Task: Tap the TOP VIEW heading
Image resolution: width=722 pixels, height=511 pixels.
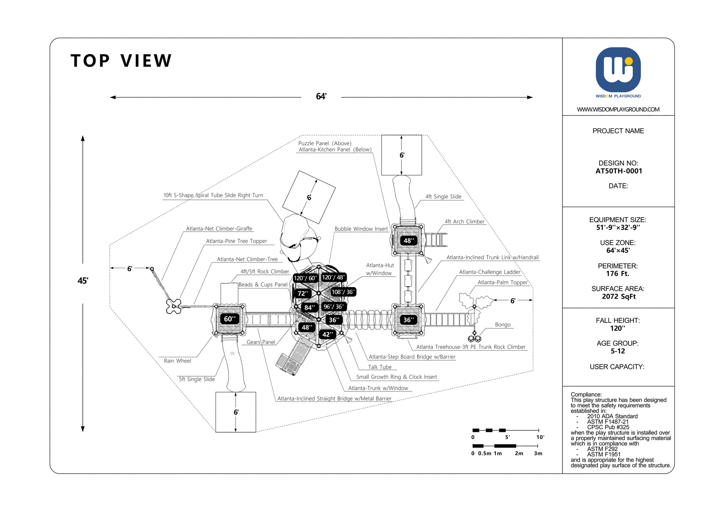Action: pyautogui.click(x=121, y=61)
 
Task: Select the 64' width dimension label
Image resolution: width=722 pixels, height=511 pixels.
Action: pyautogui.click(x=321, y=97)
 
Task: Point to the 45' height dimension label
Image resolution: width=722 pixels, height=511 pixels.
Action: pyautogui.click(x=82, y=281)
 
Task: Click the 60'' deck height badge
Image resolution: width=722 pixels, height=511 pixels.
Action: pyautogui.click(x=230, y=319)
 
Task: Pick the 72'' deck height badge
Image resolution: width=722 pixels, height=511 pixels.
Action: pyautogui.click(x=303, y=293)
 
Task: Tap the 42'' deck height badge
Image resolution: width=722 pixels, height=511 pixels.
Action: pyautogui.click(x=327, y=335)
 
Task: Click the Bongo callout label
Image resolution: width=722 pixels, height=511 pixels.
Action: pyautogui.click(x=503, y=325)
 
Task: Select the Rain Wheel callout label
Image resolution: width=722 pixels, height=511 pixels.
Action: pyautogui.click(x=177, y=361)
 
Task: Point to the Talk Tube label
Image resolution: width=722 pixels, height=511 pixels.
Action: pyautogui.click(x=380, y=367)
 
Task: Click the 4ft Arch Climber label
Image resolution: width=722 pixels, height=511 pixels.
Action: pyautogui.click(x=465, y=222)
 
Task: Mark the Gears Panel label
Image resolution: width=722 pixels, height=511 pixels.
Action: pyautogui.click(x=261, y=342)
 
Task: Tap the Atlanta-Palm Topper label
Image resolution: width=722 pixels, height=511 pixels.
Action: pyautogui.click(x=502, y=282)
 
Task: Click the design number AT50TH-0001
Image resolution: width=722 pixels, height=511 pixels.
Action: pyautogui.click(x=618, y=171)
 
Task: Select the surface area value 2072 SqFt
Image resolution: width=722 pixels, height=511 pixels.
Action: pyautogui.click(x=618, y=296)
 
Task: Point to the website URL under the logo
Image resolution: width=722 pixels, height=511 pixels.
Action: pyautogui.click(x=618, y=110)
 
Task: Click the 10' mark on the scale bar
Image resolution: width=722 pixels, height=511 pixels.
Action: pyautogui.click(x=540, y=437)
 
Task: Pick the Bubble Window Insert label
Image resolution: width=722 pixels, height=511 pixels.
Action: pyautogui.click(x=361, y=229)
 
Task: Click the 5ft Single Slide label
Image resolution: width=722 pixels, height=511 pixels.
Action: pyautogui.click(x=197, y=379)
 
